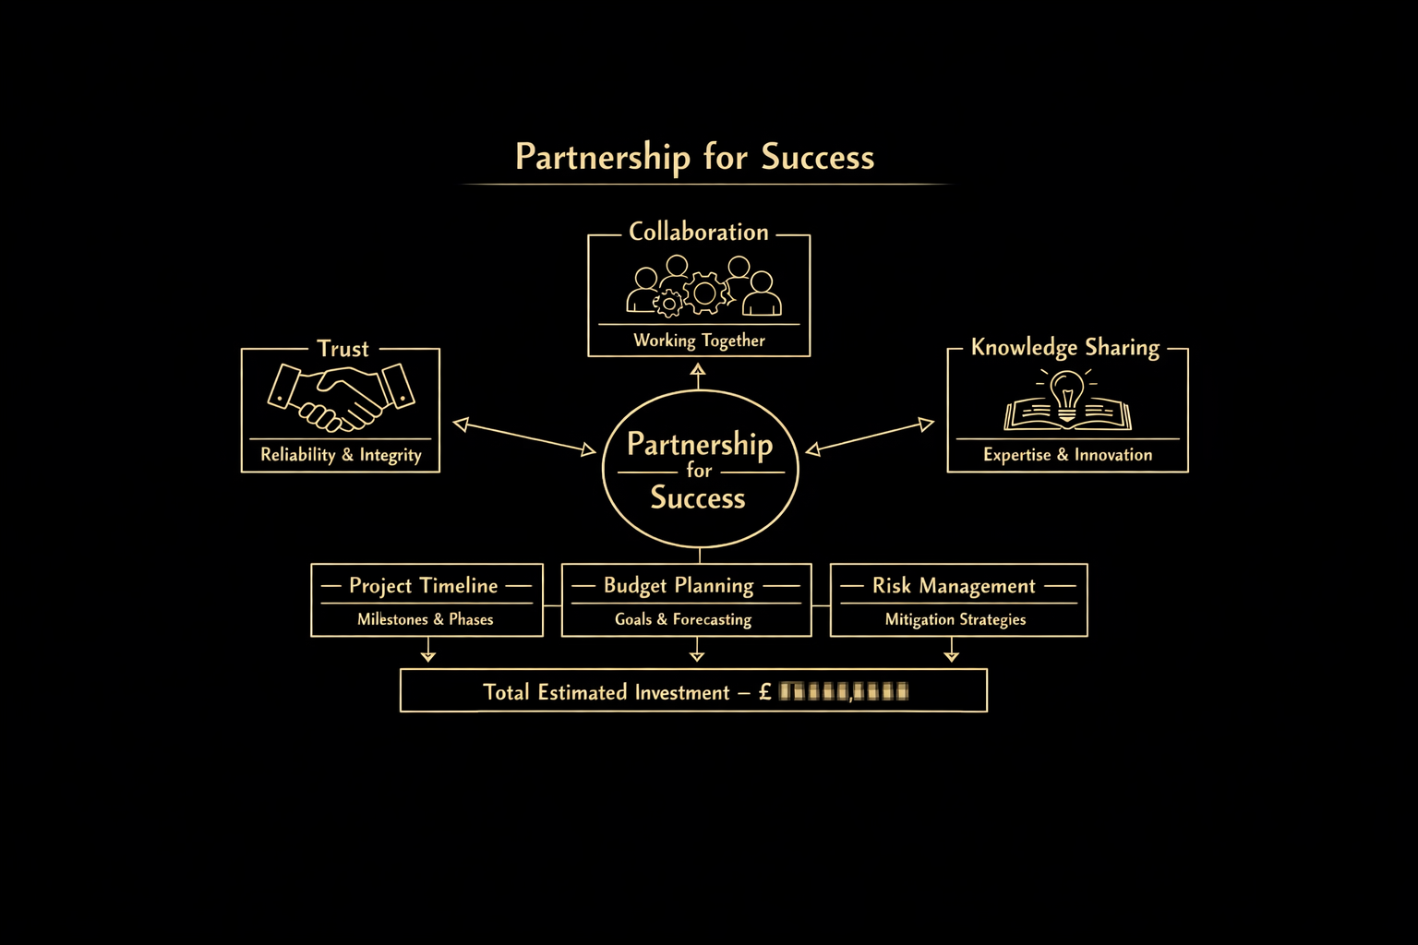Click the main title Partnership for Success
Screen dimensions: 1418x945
(x=694, y=157)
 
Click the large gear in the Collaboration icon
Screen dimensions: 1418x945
(x=704, y=293)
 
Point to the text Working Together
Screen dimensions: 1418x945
(x=699, y=341)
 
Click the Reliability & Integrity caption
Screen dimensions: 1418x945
(x=341, y=455)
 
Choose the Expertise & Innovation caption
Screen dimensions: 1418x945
(x=1067, y=455)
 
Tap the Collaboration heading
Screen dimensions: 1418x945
(x=699, y=233)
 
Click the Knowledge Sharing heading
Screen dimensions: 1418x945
(x=1064, y=348)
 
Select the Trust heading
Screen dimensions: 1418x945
(x=342, y=349)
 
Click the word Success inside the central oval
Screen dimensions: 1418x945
(x=698, y=498)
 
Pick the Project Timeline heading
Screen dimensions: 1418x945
(x=424, y=586)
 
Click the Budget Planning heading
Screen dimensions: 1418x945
(x=679, y=586)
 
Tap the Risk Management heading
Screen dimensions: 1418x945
(x=954, y=586)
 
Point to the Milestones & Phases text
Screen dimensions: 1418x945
(x=426, y=619)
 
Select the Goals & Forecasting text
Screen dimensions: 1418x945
(x=683, y=619)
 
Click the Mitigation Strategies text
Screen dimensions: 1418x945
(x=955, y=619)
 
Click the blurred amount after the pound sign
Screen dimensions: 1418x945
(x=844, y=691)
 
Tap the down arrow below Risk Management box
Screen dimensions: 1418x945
(x=952, y=654)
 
